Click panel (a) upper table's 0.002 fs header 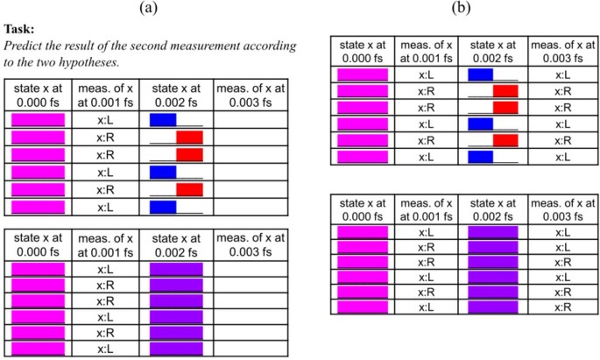[176, 94]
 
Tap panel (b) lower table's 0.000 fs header [362, 209]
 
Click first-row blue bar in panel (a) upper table [163, 119]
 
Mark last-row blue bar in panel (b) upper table [481, 156]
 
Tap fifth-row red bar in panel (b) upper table [506, 140]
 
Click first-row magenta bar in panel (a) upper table [39, 119]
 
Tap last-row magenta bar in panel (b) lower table [362, 307]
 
